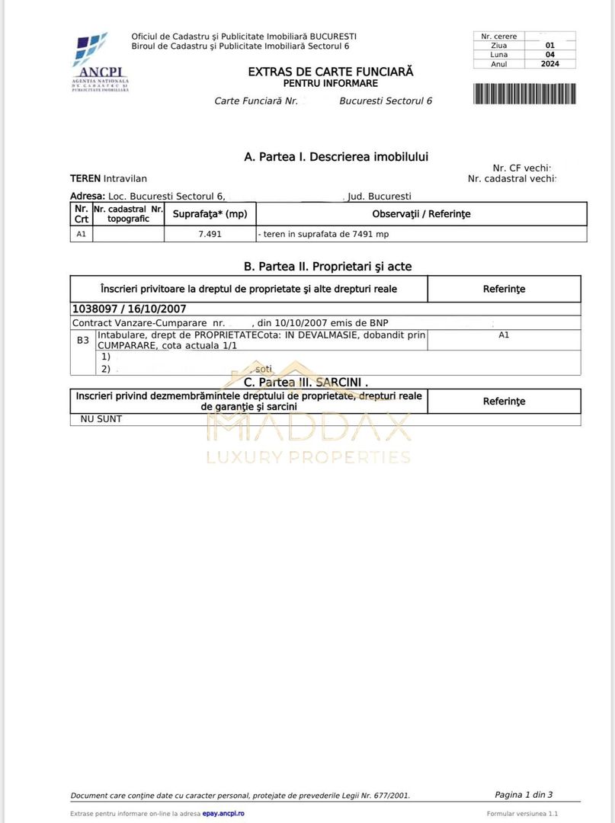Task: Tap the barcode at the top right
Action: [x=524, y=94]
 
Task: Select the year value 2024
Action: [x=549, y=64]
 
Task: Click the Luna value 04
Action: [x=549, y=55]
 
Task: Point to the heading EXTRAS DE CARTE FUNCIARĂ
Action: [x=331, y=72]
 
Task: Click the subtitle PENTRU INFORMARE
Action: [x=331, y=83]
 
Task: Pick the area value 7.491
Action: [x=210, y=234]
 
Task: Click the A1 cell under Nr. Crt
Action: [x=81, y=234]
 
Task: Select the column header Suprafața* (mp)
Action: [x=210, y=214]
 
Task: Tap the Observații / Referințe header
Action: [x=421, y=214]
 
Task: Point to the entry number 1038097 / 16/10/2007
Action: [x=130, y=309]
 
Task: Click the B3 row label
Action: [x=83, y=340]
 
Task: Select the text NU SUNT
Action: [x=101, y=419]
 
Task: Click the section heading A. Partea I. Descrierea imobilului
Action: [x=336, y=157]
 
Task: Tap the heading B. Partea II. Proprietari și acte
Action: [x=328, y=266]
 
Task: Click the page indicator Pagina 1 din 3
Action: [x=524, y=795]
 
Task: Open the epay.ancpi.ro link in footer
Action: [x=223, y=814]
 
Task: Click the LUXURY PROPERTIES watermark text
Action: [x=309, y=457]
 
